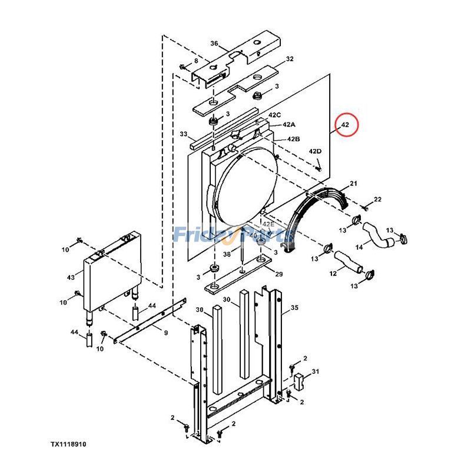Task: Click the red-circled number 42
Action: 345,125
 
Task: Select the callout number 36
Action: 214,44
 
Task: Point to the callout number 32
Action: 289,59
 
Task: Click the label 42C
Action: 275,115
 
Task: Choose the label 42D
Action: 315,151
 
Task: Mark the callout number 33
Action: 183,134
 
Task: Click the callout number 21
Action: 353,184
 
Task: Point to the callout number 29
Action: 279,275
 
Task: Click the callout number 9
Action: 165,333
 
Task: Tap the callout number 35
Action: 294,307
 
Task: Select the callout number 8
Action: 196,61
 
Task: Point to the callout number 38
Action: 226,254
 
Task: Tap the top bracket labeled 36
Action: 235,65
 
